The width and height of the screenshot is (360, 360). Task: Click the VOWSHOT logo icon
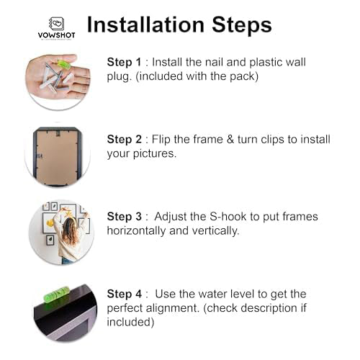(x=56, y=24)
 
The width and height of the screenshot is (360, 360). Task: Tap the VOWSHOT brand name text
(x=56, y=35)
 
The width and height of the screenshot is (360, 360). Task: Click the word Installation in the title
(x=145, y=24)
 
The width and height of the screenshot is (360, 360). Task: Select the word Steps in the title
(x=242, y=26)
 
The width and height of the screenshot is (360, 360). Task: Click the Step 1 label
(x=124, y=62)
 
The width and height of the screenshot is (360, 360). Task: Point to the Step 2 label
(x=125, y=140)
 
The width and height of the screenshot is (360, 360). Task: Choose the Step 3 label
(x=125, y=217)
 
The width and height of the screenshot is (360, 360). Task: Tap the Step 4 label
(x=125, y=294)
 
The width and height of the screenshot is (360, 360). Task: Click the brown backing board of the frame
(x=57, y=157)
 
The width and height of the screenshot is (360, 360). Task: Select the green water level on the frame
(x=57, y=294)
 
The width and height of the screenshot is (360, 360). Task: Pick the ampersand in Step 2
(x=230, y=140)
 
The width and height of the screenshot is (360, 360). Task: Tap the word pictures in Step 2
(x=155, y=154)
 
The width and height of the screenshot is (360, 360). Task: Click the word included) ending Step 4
(x=130, y=322)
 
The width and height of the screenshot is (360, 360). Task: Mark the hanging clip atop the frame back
(x=58, y=133)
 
